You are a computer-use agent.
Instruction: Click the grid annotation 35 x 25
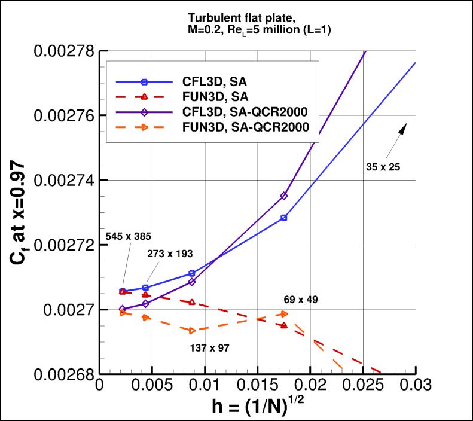click(382, 167)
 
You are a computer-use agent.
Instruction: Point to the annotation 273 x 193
click(170, 253)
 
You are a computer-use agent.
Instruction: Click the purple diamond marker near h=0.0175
click(284, 196)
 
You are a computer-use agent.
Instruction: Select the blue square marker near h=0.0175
click(284, 218)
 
